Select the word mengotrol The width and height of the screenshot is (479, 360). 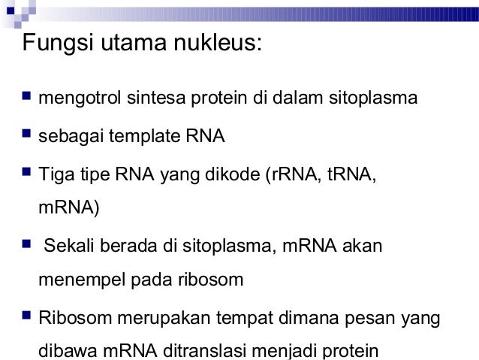[x=77, y=98]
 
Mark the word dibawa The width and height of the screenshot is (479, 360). [x=64, y=351]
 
